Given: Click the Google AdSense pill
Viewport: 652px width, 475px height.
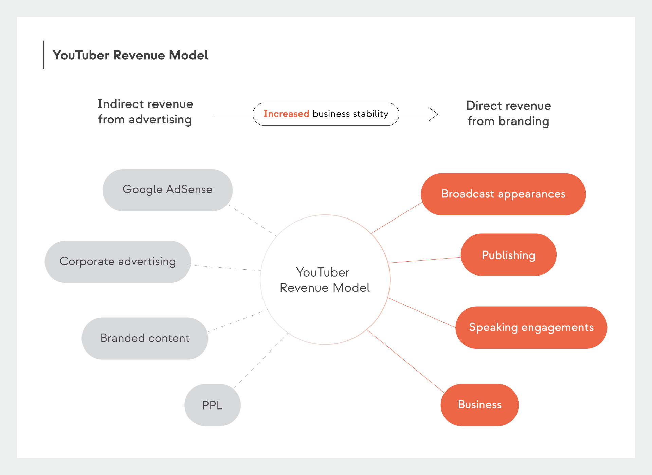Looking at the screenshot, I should tap(167, 190).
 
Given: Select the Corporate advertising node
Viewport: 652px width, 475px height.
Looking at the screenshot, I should tap(117, 262).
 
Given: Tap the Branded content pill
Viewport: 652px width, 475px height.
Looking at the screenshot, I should tap(145, 338).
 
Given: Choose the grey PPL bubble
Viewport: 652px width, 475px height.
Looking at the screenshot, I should tap(212, 405).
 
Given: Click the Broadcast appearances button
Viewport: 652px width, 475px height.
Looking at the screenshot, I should tap(503, 194).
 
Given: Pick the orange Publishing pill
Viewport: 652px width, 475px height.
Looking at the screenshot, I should tap(508, 255).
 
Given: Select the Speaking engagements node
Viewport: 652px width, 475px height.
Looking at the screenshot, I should tap(531, 327).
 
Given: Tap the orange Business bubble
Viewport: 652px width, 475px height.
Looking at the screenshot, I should tap(479, 405).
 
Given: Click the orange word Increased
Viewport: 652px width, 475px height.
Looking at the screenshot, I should tap(286, 114).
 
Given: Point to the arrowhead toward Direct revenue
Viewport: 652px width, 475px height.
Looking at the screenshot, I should tap(434, 114).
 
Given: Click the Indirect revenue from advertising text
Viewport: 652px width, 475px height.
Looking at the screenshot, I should tap(145, 112).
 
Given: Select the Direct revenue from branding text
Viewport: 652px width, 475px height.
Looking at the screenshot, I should tap(508, 113).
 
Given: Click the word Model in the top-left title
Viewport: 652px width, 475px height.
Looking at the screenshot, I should tap(188, 55).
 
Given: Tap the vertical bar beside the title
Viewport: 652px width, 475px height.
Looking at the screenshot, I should tap(43, 55).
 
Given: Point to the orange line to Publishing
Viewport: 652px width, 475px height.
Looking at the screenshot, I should tap(424, 260).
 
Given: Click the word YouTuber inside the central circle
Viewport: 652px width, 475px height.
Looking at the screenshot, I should tap(323, 272).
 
